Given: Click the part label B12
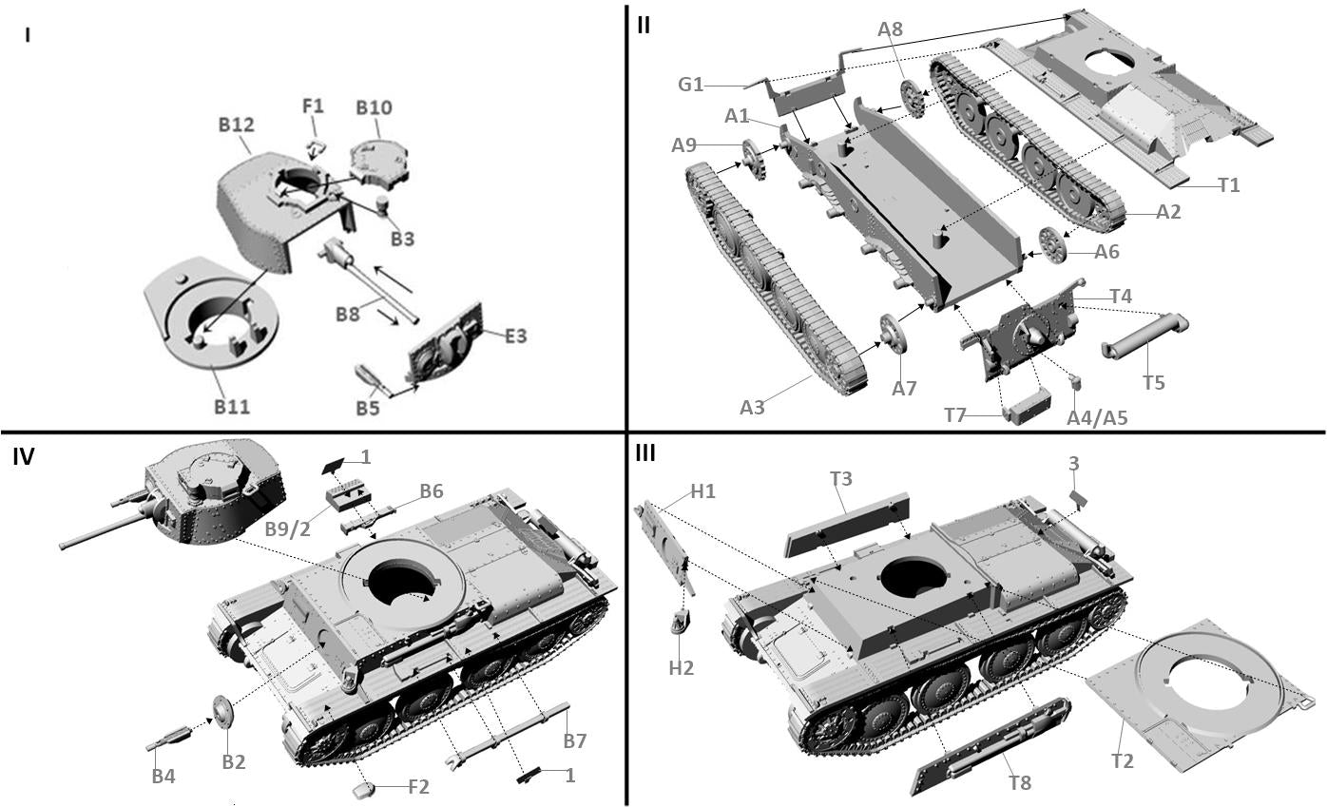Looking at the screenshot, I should coord(236,125).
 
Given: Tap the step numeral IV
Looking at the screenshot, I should coord(24,457).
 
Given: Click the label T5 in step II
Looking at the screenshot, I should coord(1153,382).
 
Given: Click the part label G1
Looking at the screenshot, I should coord(691,85).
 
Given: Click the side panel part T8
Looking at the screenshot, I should coord(989,746).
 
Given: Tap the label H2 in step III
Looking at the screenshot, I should coord(681,667).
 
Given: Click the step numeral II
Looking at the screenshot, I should coord(644,25).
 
